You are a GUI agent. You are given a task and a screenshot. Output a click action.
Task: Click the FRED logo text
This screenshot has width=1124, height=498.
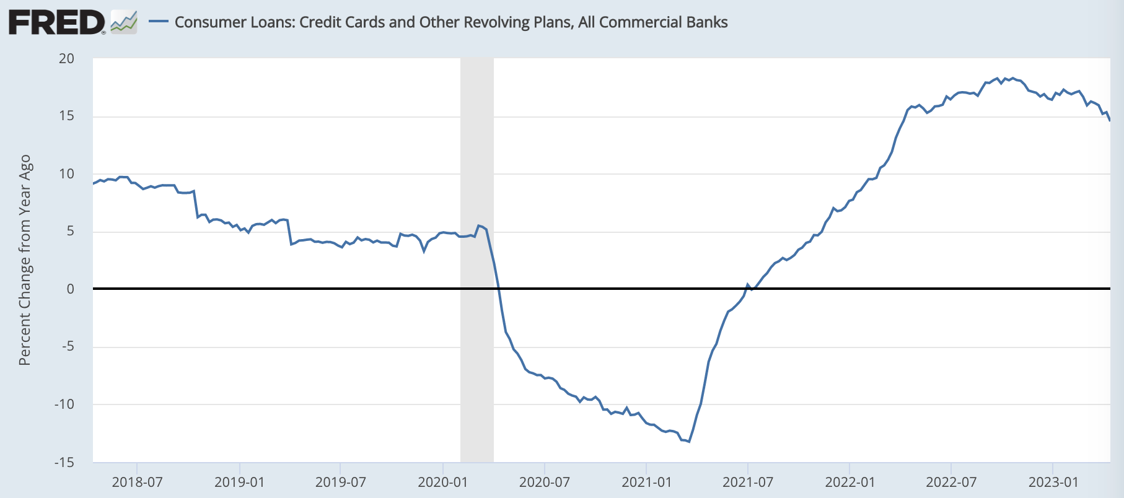[x=56, y=23]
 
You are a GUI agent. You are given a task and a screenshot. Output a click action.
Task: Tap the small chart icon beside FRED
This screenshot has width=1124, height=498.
[x=123, y=23]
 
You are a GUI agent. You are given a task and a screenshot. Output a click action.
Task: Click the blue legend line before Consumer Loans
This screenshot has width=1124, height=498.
[x=159, y=22]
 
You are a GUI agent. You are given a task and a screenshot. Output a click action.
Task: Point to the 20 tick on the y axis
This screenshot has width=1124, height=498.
[x=66, y=59]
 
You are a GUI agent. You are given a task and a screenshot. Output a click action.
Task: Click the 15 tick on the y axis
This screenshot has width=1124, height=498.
[x=66, y=116]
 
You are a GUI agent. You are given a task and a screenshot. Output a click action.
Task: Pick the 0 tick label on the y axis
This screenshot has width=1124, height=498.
[x=70, y=289]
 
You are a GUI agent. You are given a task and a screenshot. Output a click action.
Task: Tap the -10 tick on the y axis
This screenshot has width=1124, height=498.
[x=64, y=404]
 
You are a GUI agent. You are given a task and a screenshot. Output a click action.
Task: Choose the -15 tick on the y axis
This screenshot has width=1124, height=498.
[x=64, y=462]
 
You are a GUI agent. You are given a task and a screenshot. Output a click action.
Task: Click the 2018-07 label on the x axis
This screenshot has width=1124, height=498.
[x=137, y=482]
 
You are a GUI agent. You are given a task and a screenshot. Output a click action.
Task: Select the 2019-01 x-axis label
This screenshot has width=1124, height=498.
[x=239, y=482]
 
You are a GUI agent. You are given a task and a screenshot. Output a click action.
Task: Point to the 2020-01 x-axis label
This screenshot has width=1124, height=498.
[x=442, y=482]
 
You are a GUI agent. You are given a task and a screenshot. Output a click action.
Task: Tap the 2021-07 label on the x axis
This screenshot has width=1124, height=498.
[x=748, y=482]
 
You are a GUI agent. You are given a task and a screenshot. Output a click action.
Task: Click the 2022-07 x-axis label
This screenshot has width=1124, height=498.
[x=951, y=482]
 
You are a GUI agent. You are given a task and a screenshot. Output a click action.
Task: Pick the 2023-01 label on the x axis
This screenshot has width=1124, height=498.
[x=1053, y=482]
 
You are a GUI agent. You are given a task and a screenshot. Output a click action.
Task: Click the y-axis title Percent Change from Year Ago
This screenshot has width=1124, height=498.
[x=25, y=260]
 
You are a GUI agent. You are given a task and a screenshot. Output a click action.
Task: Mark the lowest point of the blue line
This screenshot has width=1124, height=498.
[x=689, y=442]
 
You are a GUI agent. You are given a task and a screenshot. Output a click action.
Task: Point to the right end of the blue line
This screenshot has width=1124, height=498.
[x=1109, y=120]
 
